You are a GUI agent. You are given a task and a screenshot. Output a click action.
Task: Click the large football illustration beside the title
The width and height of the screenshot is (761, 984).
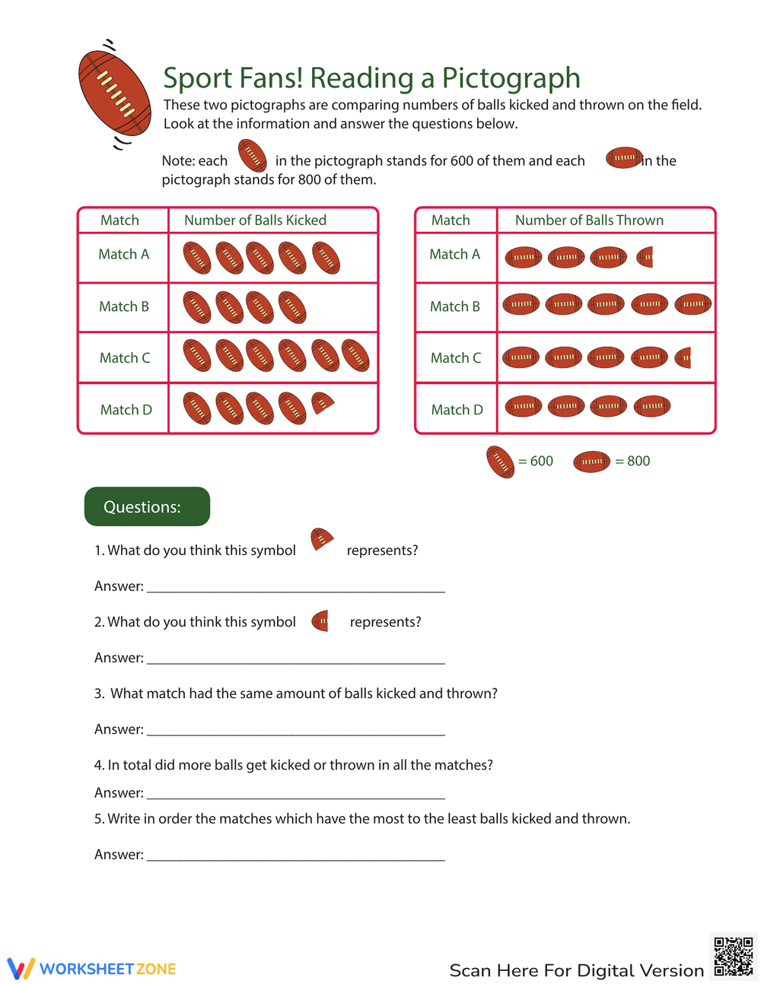[x=114, y=93]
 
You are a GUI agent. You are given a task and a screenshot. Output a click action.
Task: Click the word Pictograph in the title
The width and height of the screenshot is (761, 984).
[x=511, y=78]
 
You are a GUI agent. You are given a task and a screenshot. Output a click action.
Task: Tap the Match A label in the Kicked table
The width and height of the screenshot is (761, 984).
[x=123, y=255]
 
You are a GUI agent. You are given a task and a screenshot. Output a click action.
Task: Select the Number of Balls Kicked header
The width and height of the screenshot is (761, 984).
[x=255, y=221]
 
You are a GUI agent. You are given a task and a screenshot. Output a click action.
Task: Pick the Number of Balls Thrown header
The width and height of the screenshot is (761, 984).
[x=589, y=221]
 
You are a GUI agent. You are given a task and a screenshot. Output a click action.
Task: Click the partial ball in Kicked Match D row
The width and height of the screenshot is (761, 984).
[x=322, y=404]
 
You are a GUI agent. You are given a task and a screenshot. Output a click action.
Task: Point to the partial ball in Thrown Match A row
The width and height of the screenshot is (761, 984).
[x=645, y=257]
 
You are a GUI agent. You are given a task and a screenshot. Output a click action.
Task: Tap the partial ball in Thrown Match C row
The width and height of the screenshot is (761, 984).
[x=683, y=357]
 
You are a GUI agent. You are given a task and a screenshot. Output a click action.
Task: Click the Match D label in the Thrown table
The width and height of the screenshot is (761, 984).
[x=457, y=410]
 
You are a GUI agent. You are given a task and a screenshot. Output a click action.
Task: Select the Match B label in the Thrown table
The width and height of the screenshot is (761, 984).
[x=454, y=306]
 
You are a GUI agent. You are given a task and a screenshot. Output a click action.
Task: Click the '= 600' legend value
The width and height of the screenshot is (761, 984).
[x=536, y=461]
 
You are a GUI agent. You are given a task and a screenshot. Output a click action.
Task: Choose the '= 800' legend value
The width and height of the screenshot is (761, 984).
[x=632, y=461]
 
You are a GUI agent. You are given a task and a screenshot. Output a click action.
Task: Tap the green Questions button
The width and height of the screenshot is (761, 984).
[x=147, y=506]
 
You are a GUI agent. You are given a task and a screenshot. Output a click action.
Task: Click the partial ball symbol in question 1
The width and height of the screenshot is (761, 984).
[x=321, y=541]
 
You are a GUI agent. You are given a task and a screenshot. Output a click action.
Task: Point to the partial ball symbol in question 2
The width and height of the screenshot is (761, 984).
[x=320, y=621]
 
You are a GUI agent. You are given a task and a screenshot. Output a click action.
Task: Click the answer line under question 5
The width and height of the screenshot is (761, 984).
[x=295, y=859]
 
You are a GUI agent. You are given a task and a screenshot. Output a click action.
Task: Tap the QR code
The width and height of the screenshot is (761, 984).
[x=734, y=956]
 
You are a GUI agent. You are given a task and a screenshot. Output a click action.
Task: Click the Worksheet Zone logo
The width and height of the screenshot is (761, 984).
[x=92, y=969]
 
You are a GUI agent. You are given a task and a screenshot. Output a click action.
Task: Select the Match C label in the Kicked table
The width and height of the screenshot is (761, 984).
[x=125, y=358]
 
